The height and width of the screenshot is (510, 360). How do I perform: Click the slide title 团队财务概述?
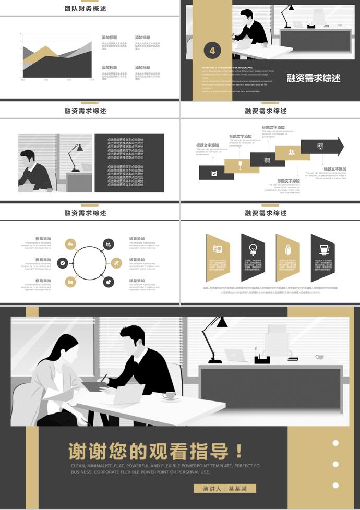pyautogui.click(x=85, y=9)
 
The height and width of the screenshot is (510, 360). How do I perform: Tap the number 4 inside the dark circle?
pyautogui.click(x=212, y=51)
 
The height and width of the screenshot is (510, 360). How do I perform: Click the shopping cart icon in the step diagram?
pyautogui.click(x=267, y=160)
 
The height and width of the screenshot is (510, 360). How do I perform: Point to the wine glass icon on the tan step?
pyautogui.click(x=240, y=165)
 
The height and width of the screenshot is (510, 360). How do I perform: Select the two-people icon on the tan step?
pyautogui.click(x=291, y=152)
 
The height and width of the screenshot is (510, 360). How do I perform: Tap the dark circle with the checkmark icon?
pyautogui.click(x=63, y=263)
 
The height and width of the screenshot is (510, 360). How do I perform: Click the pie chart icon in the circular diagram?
pyautogui.click(x=108, y=282)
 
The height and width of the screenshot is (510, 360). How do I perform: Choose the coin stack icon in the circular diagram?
pyautogui.click(x=108, y=244)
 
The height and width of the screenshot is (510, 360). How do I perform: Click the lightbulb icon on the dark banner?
pyautogui.click(x=253, y=248)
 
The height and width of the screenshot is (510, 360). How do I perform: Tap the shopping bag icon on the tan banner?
pyautogui.click(x=287, y=249)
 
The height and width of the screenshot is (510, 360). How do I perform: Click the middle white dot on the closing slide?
pyautogui.click(x=335, y=464)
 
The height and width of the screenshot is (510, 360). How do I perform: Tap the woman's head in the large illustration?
pyautogui.click(x=65, y=347)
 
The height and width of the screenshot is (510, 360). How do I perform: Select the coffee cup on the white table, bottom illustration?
pyautogui.click(x=168, y=396)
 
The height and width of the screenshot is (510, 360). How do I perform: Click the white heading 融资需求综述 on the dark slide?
pyautogui.click(x=313, y=78)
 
